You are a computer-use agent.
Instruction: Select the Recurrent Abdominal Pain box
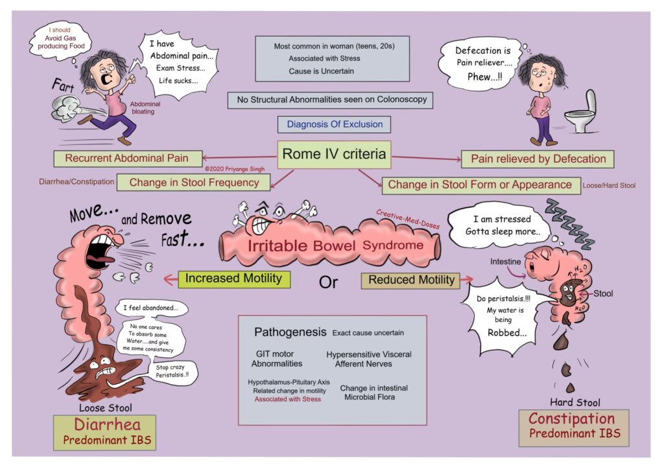click(126, 158)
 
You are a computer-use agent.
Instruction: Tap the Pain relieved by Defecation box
click(538, 159)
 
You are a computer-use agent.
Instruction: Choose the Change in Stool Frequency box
click(193, 183)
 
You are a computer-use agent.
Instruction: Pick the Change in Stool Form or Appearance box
click(480, 185)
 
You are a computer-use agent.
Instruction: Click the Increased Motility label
click(233, 279)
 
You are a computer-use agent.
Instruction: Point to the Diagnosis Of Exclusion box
click(330, 124)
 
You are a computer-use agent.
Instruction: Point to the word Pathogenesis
click(290, 332)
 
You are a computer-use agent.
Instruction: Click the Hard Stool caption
click(575, 402)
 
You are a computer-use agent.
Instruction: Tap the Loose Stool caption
click(105, 408)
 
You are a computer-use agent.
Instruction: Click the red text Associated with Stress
click(287, 399)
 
